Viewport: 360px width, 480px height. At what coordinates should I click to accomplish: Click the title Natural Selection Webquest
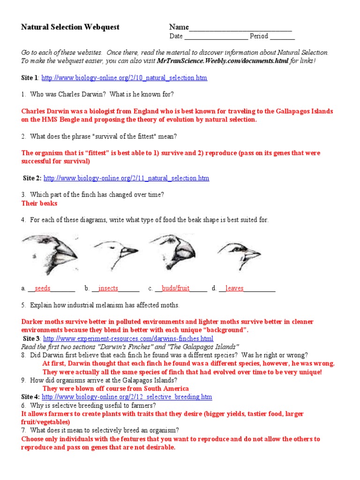tap(70, 27)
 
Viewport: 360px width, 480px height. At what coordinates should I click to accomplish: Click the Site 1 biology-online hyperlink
tap(124, 78)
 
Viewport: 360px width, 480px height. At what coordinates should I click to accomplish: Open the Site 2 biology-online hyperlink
tap(126, 178)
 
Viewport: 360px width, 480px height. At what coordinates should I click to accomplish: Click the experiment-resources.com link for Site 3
tap(128, 338)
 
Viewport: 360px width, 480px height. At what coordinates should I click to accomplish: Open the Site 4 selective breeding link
tap(127, 397)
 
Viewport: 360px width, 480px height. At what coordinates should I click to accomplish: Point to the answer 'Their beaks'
tap(39, 203)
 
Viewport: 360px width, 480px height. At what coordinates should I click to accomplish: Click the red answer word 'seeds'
tap(43, 288)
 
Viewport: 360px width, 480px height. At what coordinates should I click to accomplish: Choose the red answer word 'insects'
tap(108, 288)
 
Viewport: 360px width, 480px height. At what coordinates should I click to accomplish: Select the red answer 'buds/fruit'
tap(176, 288)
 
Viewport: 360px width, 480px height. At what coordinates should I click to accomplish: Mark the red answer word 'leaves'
tap(234, 288)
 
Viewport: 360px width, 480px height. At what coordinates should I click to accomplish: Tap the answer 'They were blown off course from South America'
tap(116, 389)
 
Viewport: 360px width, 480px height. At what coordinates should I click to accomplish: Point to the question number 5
tap(23, 305)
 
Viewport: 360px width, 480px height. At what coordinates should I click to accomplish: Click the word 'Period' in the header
tap(259, 37)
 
